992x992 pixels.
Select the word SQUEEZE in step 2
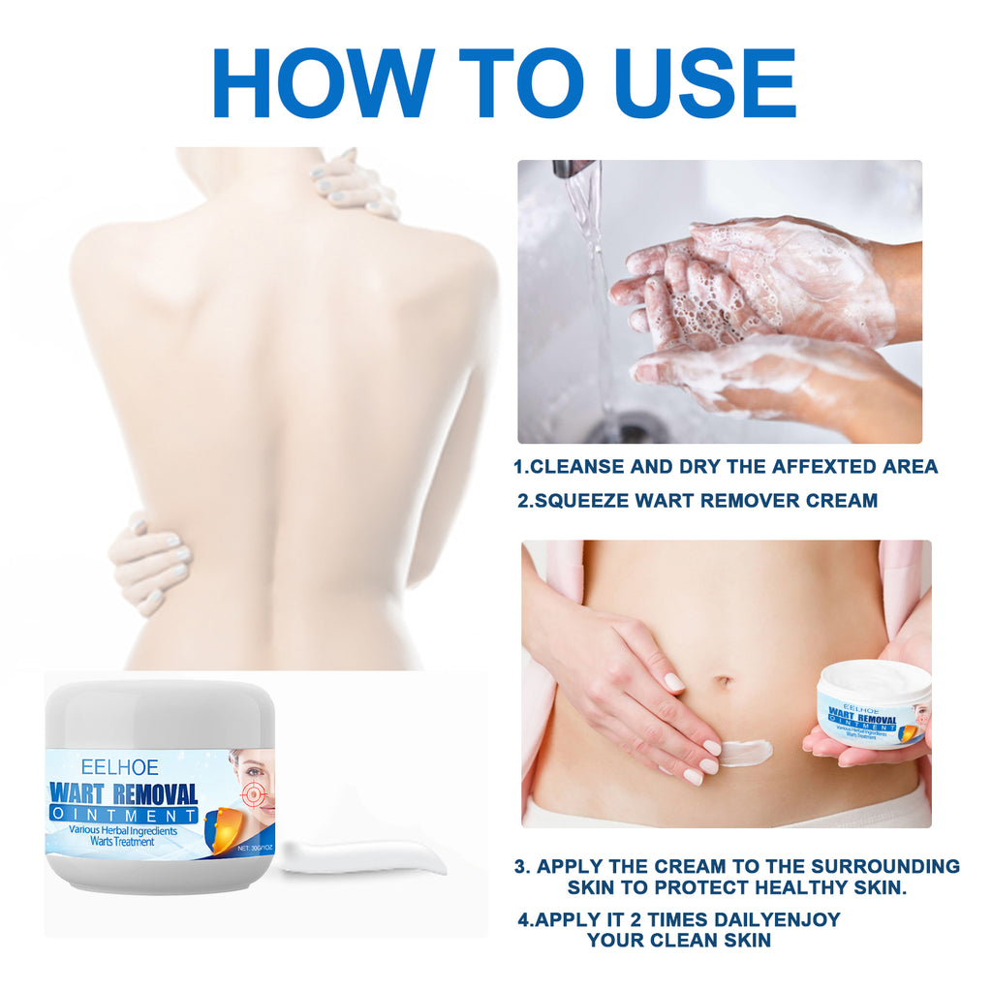584,501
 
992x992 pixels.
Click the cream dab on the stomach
745,752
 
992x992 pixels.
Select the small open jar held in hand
872,707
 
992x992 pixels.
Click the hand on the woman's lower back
150,563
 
